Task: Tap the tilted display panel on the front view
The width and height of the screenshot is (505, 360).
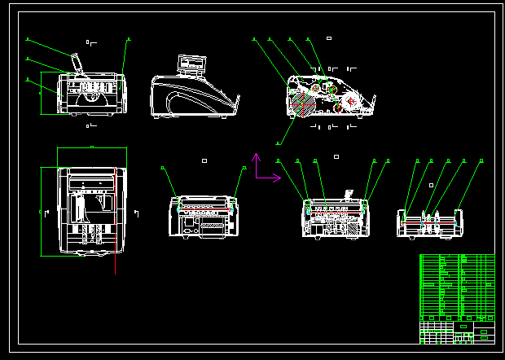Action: coord(77,64)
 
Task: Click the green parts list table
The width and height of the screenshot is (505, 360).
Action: coord(456,286)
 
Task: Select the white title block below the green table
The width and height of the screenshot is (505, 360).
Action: coord(456,331)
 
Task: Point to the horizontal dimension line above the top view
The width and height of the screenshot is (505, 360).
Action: coord(92,147)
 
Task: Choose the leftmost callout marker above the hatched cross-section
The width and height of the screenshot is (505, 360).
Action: coord(254,38)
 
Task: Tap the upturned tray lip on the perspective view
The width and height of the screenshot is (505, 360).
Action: coord(237,103)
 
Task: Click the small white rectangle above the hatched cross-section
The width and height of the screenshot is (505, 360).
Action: coord(328,38)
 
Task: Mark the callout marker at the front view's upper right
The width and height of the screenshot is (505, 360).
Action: coord(128,38)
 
